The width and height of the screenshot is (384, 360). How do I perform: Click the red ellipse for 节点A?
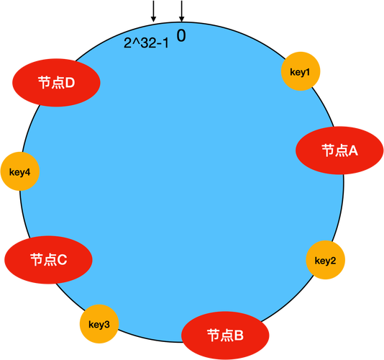coord(339,150)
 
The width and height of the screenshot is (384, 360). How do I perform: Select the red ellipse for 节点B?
coord(225,336)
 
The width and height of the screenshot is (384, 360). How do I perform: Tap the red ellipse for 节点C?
coord(48,260)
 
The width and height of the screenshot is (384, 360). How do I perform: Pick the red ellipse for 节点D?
coord(56,83)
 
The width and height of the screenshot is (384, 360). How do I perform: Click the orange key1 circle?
coord(301,71)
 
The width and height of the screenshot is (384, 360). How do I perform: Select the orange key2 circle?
coord(326,260)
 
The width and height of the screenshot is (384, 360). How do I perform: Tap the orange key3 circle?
coord(99,324)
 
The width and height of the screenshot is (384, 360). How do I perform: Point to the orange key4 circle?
coord(20,171)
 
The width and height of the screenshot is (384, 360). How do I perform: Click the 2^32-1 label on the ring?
coord(146,43)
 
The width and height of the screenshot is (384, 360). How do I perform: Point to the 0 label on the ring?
coord(181,36)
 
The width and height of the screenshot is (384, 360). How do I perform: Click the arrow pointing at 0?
coord(181,11)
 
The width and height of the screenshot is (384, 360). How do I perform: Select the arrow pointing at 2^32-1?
coord(153,11)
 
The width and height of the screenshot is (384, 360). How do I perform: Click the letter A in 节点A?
coord(352,150)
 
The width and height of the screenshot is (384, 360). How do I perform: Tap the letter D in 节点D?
coord(70,83)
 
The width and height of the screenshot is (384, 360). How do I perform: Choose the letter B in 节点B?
coord(239,336)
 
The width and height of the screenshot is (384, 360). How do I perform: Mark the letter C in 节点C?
coord(62,260)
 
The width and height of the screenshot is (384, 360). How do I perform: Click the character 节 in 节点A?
coord(328,150)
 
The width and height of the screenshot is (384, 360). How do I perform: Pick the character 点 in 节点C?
coord(50,260)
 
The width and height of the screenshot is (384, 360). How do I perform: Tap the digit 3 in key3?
coord(107,325)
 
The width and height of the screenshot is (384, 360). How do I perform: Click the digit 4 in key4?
coord(27,172)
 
